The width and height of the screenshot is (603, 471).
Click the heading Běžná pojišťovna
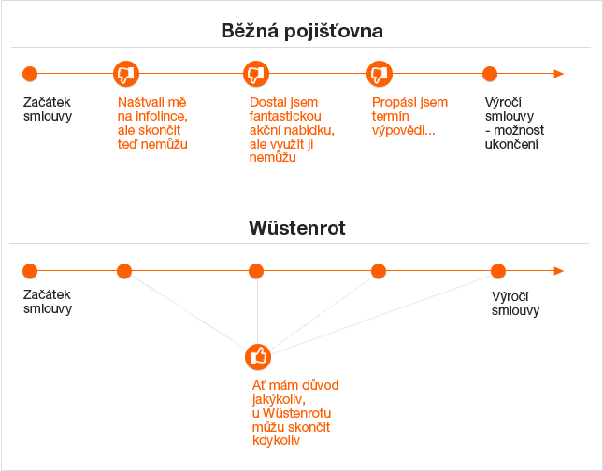coord(302,30)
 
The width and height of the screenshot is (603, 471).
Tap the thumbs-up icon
coord(258,356)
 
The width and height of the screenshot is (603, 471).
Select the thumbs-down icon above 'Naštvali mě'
coord(125,74)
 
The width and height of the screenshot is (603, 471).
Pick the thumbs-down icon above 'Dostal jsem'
coord(255,74)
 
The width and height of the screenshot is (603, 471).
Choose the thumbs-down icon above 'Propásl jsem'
coord(378,74)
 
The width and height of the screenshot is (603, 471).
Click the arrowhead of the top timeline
coord(558,74)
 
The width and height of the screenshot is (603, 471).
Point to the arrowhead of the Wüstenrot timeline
coord(558,271)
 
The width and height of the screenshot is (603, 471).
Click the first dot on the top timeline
coord(30,74)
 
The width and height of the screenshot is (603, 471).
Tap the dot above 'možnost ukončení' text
coord(490,74)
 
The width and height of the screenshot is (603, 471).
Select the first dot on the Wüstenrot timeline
coord(30,271)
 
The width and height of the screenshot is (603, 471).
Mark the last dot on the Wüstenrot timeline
coord(498,271)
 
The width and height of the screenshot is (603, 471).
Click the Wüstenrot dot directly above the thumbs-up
coord(256,271)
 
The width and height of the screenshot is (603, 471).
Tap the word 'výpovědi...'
coord(403,130)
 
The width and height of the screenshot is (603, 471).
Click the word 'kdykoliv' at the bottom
coord(276,441)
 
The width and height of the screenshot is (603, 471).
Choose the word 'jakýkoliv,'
coord(279,400)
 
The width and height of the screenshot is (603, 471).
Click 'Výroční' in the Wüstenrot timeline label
coord(513,297)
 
